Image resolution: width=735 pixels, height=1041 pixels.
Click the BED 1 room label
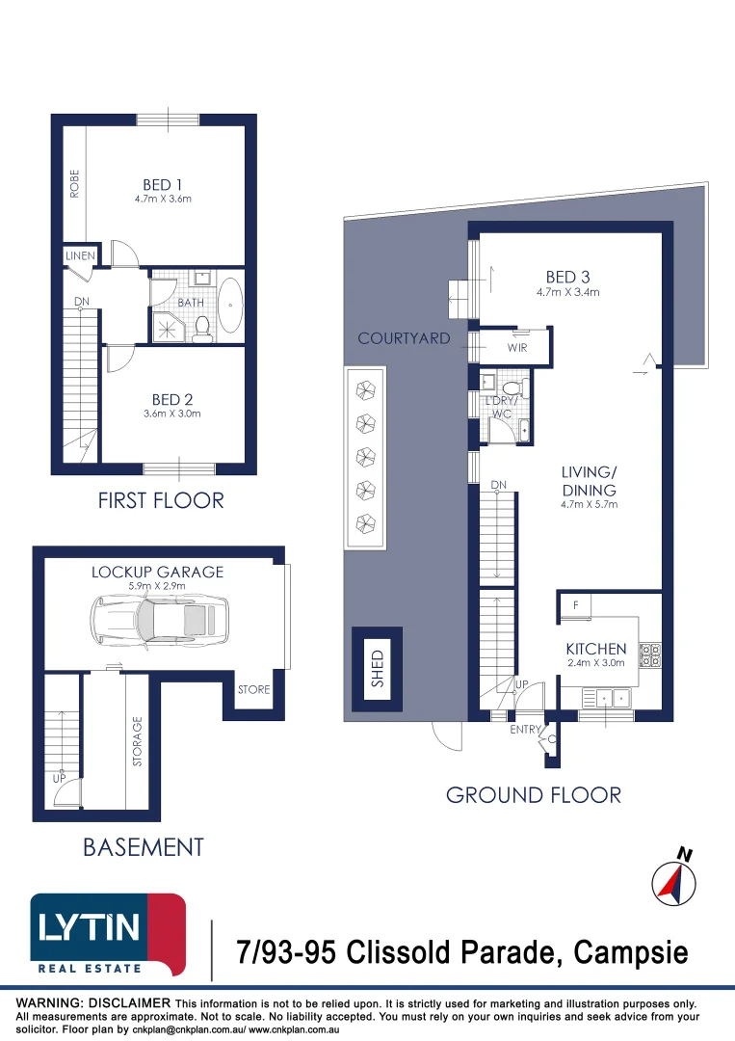tap(163, 184)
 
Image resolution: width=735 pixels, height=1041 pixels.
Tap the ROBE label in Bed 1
tap(74, 184)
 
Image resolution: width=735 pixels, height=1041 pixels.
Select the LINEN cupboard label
tap(80, 255)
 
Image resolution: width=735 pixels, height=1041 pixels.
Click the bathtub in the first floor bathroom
tap(231, 305)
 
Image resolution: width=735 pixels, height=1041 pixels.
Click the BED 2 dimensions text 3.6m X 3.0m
tap(172, 414)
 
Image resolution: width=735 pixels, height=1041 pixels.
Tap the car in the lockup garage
tap(159, 620)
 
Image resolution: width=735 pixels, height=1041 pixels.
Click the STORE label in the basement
tap(254, 690)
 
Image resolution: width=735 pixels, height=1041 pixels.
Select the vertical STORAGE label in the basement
tap(138, 741)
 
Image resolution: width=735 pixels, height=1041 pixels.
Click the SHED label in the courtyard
tap(378, 669)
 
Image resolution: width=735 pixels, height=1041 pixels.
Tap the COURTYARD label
tap(404, 338)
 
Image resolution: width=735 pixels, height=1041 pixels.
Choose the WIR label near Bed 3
tap(517, 347)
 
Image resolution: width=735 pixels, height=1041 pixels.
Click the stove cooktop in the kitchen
tap(649, 654)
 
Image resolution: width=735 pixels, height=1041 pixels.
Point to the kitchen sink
tap(613, 699)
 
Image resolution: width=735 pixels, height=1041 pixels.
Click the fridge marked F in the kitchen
tap(576, 607)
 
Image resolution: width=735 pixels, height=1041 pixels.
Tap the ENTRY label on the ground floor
tap(525, 730)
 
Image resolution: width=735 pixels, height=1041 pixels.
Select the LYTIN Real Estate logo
tap(108, 935)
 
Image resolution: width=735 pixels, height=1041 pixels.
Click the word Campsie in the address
tap(630, 952)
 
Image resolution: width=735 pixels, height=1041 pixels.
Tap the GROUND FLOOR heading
tap(534, 795)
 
